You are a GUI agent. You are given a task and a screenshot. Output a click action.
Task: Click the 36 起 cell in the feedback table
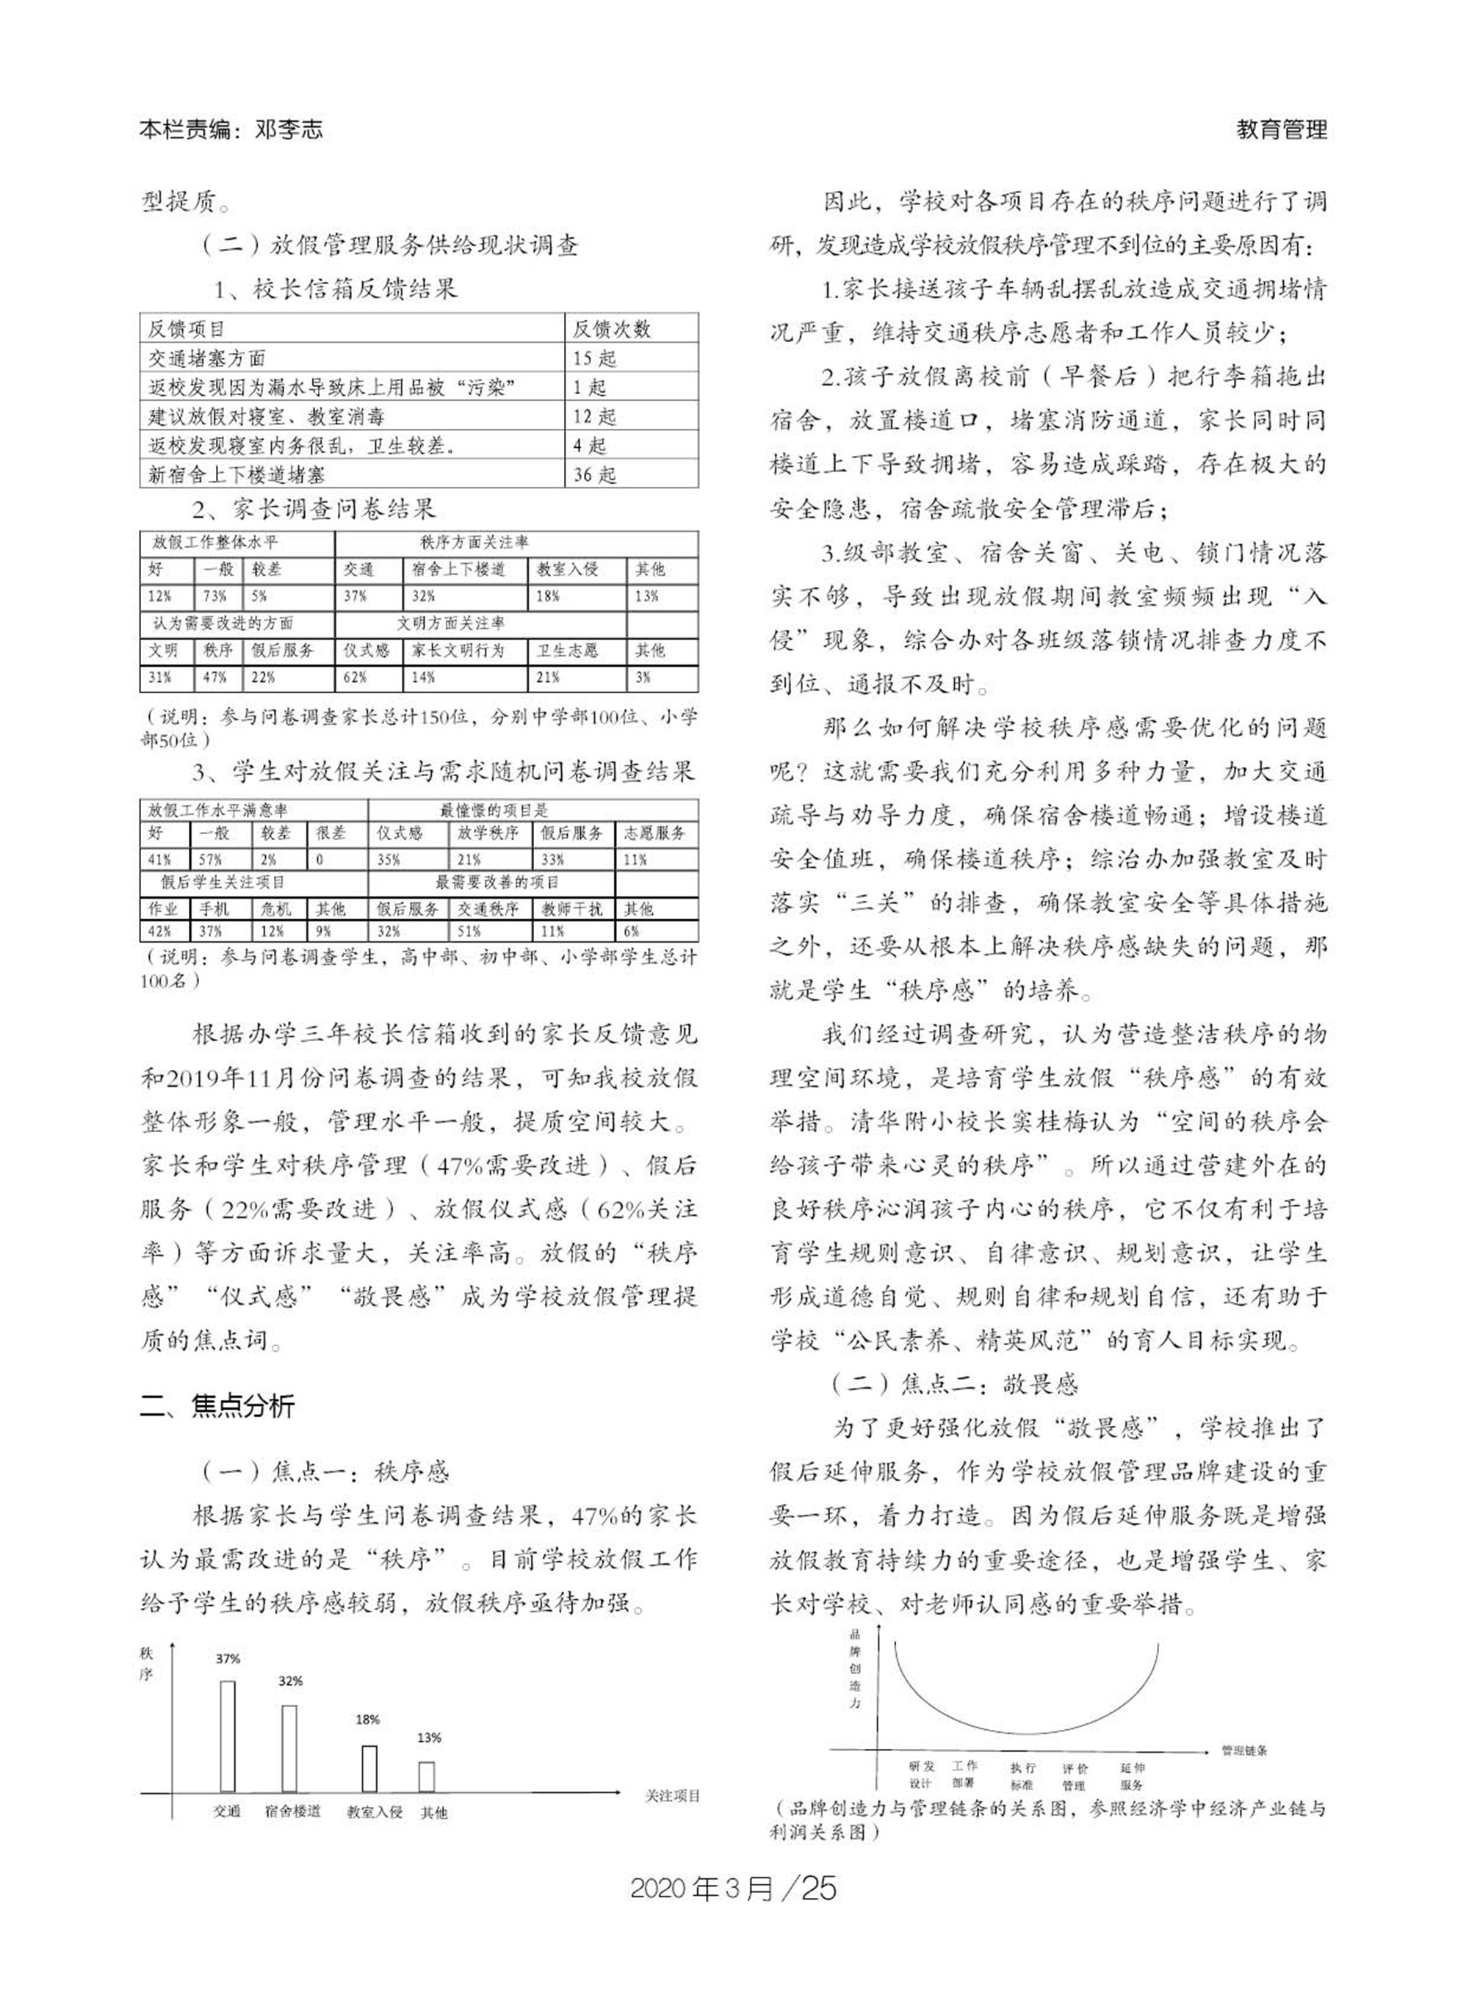point(595,474)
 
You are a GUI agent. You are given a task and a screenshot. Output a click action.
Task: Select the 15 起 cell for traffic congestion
point(595,358)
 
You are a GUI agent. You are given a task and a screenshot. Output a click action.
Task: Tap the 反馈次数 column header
point(611,329)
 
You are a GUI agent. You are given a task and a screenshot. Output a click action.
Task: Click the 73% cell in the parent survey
point(214,596)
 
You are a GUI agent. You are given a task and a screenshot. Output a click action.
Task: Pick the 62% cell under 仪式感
point(355,677)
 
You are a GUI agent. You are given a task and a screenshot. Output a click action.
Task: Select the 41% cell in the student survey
point(160,860)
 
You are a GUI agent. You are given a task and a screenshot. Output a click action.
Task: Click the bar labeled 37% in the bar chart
point(228,1736)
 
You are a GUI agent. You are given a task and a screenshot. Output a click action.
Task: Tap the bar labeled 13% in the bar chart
point(427,1776)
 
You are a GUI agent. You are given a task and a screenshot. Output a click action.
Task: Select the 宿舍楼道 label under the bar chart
point(292,1811)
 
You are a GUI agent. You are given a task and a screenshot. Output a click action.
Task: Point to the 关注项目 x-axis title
point(672,1795)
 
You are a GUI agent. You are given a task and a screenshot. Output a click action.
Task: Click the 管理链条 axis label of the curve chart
point(1244,1750)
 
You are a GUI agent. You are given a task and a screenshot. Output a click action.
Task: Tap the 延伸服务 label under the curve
point(1132,1776)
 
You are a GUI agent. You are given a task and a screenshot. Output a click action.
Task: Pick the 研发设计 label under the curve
point(921,1775)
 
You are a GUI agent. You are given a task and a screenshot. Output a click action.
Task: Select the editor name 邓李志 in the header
point(288,130)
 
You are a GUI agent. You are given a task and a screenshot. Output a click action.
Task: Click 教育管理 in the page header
point(1282,130)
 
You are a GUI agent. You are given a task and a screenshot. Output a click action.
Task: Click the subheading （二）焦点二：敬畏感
point(954,1384)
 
